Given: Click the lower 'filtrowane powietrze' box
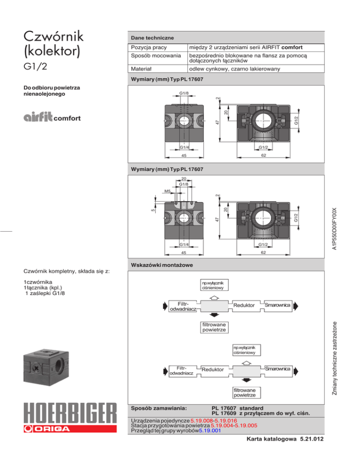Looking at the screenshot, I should pos(246,393).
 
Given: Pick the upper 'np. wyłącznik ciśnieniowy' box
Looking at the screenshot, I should pos(213,286).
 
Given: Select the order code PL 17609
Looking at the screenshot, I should pos(224,413).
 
